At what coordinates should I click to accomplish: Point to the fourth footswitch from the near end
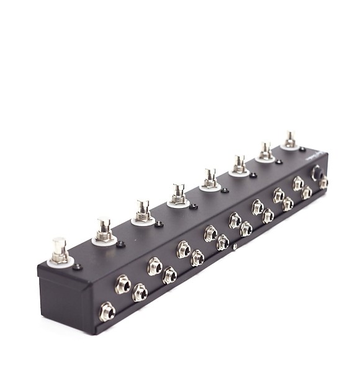pos(179,193)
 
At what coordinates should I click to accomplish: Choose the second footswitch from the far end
pos(266,150)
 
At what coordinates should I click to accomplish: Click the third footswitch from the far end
pos(239,163)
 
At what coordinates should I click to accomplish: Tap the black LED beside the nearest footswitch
pos(77,267)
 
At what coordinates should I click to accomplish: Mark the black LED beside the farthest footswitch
pos(302,150)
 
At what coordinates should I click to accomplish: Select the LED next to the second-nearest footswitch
pos(120,245)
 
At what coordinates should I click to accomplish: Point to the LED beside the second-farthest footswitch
pos(279,161)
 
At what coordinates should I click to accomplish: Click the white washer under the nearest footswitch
pos(60,261)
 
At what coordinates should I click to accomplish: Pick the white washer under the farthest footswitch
pos(290,147)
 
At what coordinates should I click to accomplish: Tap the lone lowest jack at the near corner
pos(107,311)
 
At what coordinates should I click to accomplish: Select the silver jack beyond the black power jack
pos(323,183)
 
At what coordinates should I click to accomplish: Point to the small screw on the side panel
pos(235,247)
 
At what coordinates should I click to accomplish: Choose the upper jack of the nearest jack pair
pos(122,284)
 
